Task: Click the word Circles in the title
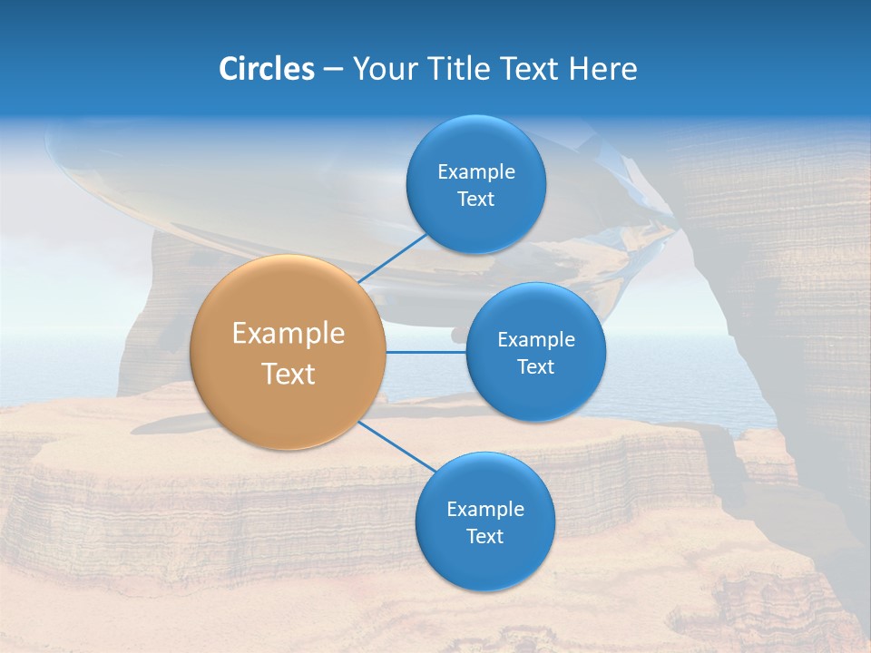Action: click(267, 69)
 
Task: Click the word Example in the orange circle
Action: click(289, 334)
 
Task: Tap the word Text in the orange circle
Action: click(289, 374)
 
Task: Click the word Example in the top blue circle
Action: click(476, 172)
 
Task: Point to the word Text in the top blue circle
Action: click(476, 200)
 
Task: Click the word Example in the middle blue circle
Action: click(536, 340)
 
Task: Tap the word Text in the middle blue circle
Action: click(536, 367)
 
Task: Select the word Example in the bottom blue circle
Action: click(485, 510)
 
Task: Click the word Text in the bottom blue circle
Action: click(485, 537)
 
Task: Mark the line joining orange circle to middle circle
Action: click(426, 352)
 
